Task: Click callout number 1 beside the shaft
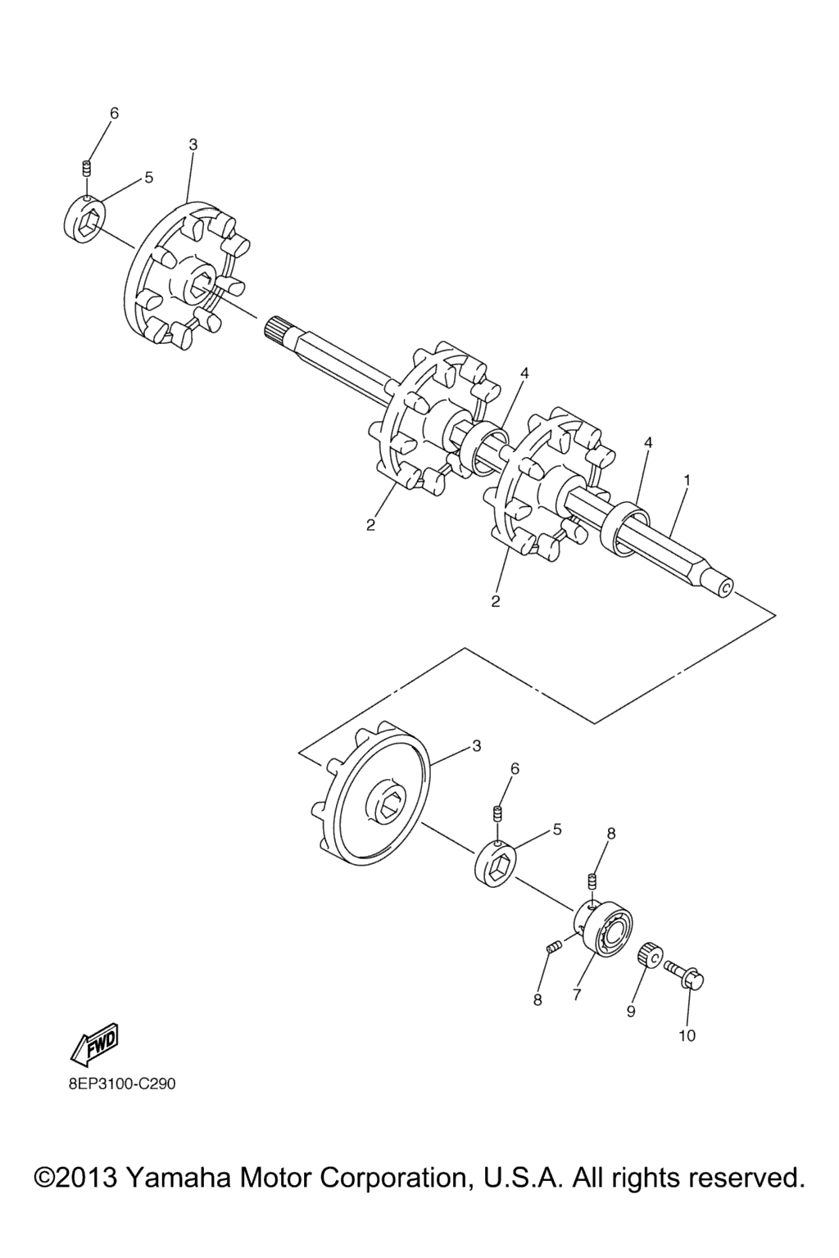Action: [686, 480]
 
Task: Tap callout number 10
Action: [687, 1035]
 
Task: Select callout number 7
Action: [577, 994]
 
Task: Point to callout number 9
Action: [631, 1011]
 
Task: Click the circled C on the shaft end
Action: [725, 589]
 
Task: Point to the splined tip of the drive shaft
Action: [276, 328]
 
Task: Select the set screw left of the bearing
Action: [552, 948]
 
